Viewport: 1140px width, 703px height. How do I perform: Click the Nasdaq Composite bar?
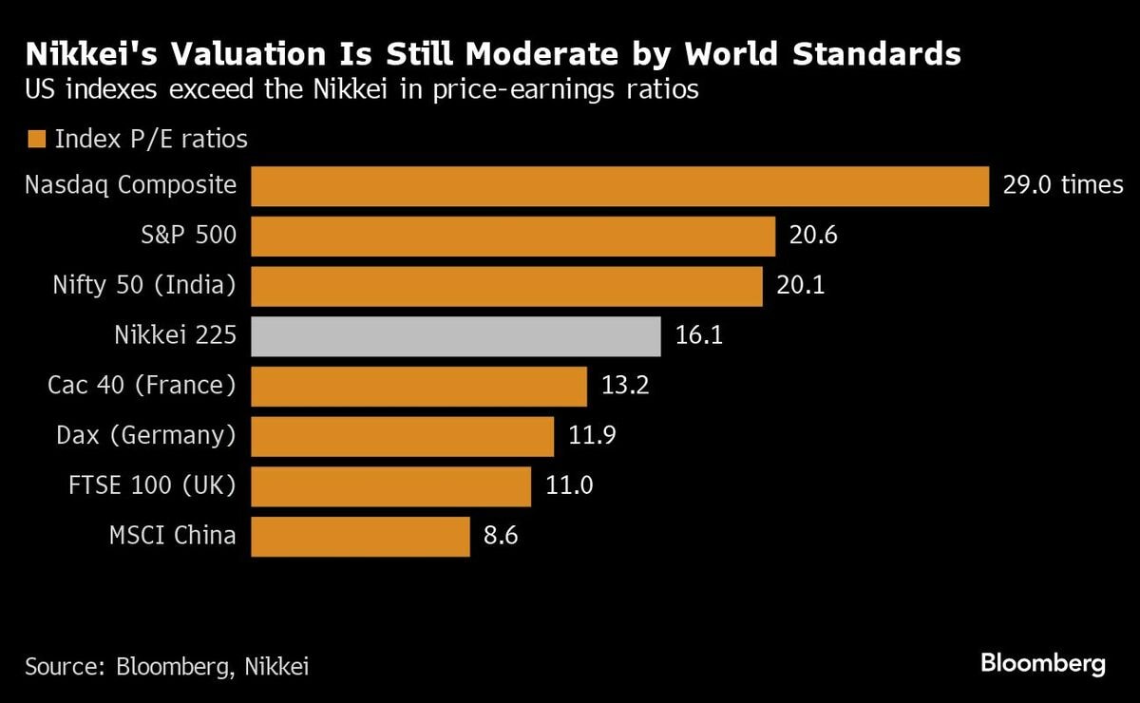(x=619, y=186)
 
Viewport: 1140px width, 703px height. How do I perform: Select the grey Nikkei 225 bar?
(x=456, y=336)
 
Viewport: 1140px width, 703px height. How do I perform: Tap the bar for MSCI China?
(x=361, y=537)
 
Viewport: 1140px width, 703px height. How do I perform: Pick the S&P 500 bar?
(x=513, y=237)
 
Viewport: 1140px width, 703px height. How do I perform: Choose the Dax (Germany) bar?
(x=403, y=436)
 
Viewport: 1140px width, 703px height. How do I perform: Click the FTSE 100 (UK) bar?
(x=391, y=486)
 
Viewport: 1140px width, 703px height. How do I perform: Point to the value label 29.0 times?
(x=1062, y=185)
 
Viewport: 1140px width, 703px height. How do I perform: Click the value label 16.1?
(x=698, y=336)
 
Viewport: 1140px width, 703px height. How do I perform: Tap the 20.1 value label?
(x=801, y=286)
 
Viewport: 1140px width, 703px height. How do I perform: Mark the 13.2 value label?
(x=624, y=387)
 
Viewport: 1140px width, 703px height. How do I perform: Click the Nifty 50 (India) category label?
(x=142, y=285)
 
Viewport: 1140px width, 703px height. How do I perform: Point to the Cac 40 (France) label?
(x=142, y=386)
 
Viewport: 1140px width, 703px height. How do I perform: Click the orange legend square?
(x=37, y=140)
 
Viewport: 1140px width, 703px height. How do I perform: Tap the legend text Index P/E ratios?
(x=151, y=140)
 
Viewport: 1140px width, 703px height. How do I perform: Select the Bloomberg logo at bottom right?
(x=1042, y=663)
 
